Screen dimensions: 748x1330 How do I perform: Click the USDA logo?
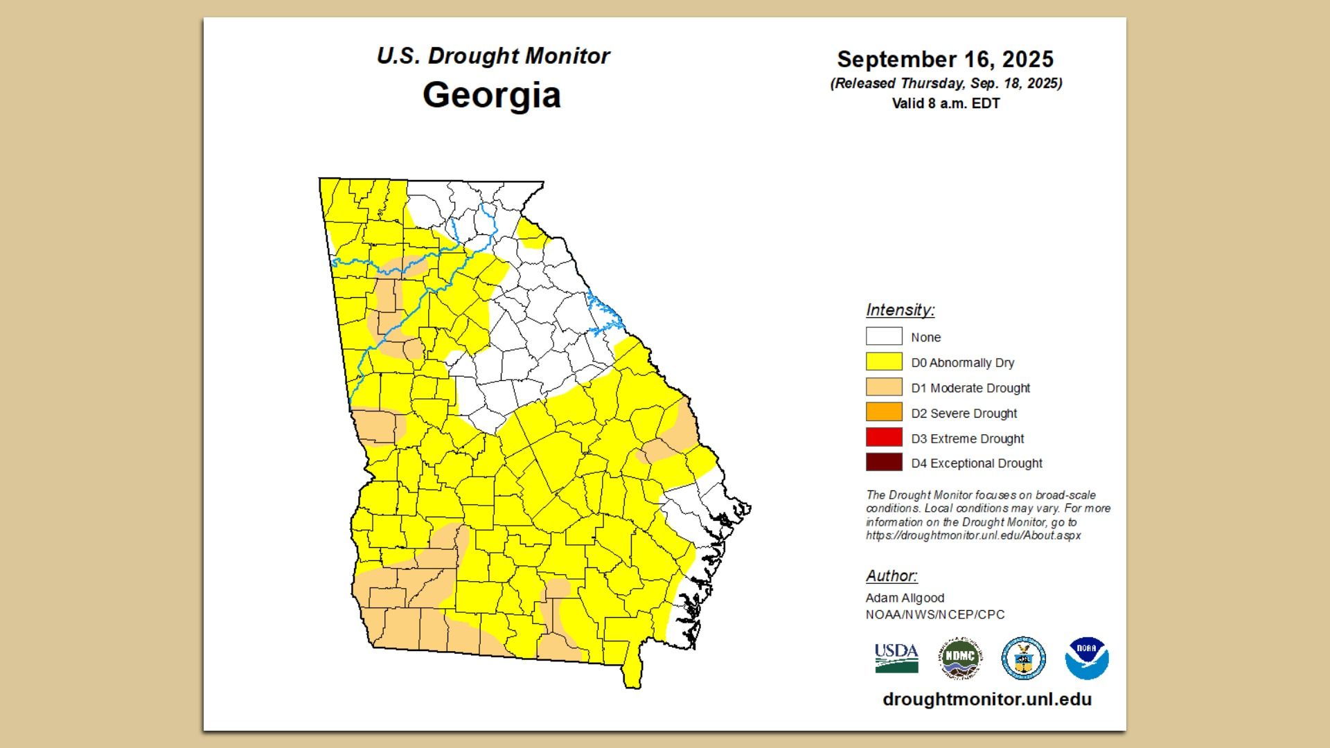896,658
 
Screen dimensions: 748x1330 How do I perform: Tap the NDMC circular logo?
960,659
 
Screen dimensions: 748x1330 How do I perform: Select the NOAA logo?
1086,659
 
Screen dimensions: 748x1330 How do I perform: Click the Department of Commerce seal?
1023,659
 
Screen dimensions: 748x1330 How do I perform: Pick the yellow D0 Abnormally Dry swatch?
884,362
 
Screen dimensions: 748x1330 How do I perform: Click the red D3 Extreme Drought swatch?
884,438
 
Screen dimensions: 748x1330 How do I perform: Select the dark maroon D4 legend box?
884,463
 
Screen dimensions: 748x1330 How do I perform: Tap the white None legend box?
884,337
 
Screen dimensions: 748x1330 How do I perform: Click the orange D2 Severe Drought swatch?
884,412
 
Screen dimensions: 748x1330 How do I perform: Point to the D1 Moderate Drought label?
970,388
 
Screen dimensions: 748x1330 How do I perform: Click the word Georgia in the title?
491,95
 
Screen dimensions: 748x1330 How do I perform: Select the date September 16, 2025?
945,60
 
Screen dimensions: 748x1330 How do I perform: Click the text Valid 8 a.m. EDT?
946,103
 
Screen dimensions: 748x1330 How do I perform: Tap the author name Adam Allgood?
905,598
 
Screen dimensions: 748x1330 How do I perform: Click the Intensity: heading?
900,310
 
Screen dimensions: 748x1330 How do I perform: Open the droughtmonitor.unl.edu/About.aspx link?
973,535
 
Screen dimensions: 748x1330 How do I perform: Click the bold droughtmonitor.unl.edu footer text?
986,700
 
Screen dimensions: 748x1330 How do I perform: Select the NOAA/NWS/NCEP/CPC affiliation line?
934,614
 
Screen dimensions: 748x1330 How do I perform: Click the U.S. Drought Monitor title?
493,56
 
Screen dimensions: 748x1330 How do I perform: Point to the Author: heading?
892,576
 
